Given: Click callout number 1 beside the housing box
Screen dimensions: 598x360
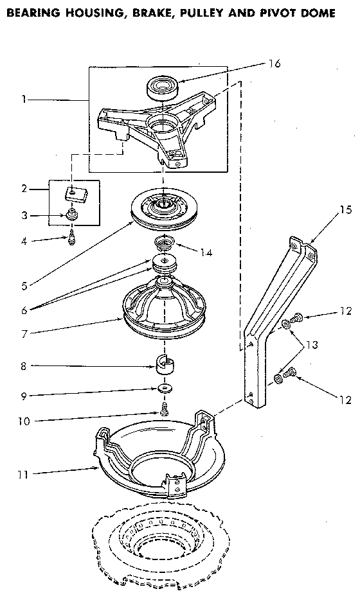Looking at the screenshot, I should (24, 100).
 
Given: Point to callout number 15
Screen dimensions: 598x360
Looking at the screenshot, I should (345, 209).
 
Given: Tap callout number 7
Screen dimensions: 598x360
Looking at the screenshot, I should (24, 333).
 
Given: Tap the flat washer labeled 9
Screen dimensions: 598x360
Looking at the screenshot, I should (165, 389).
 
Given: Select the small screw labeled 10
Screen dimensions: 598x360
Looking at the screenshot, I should (165, 409).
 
